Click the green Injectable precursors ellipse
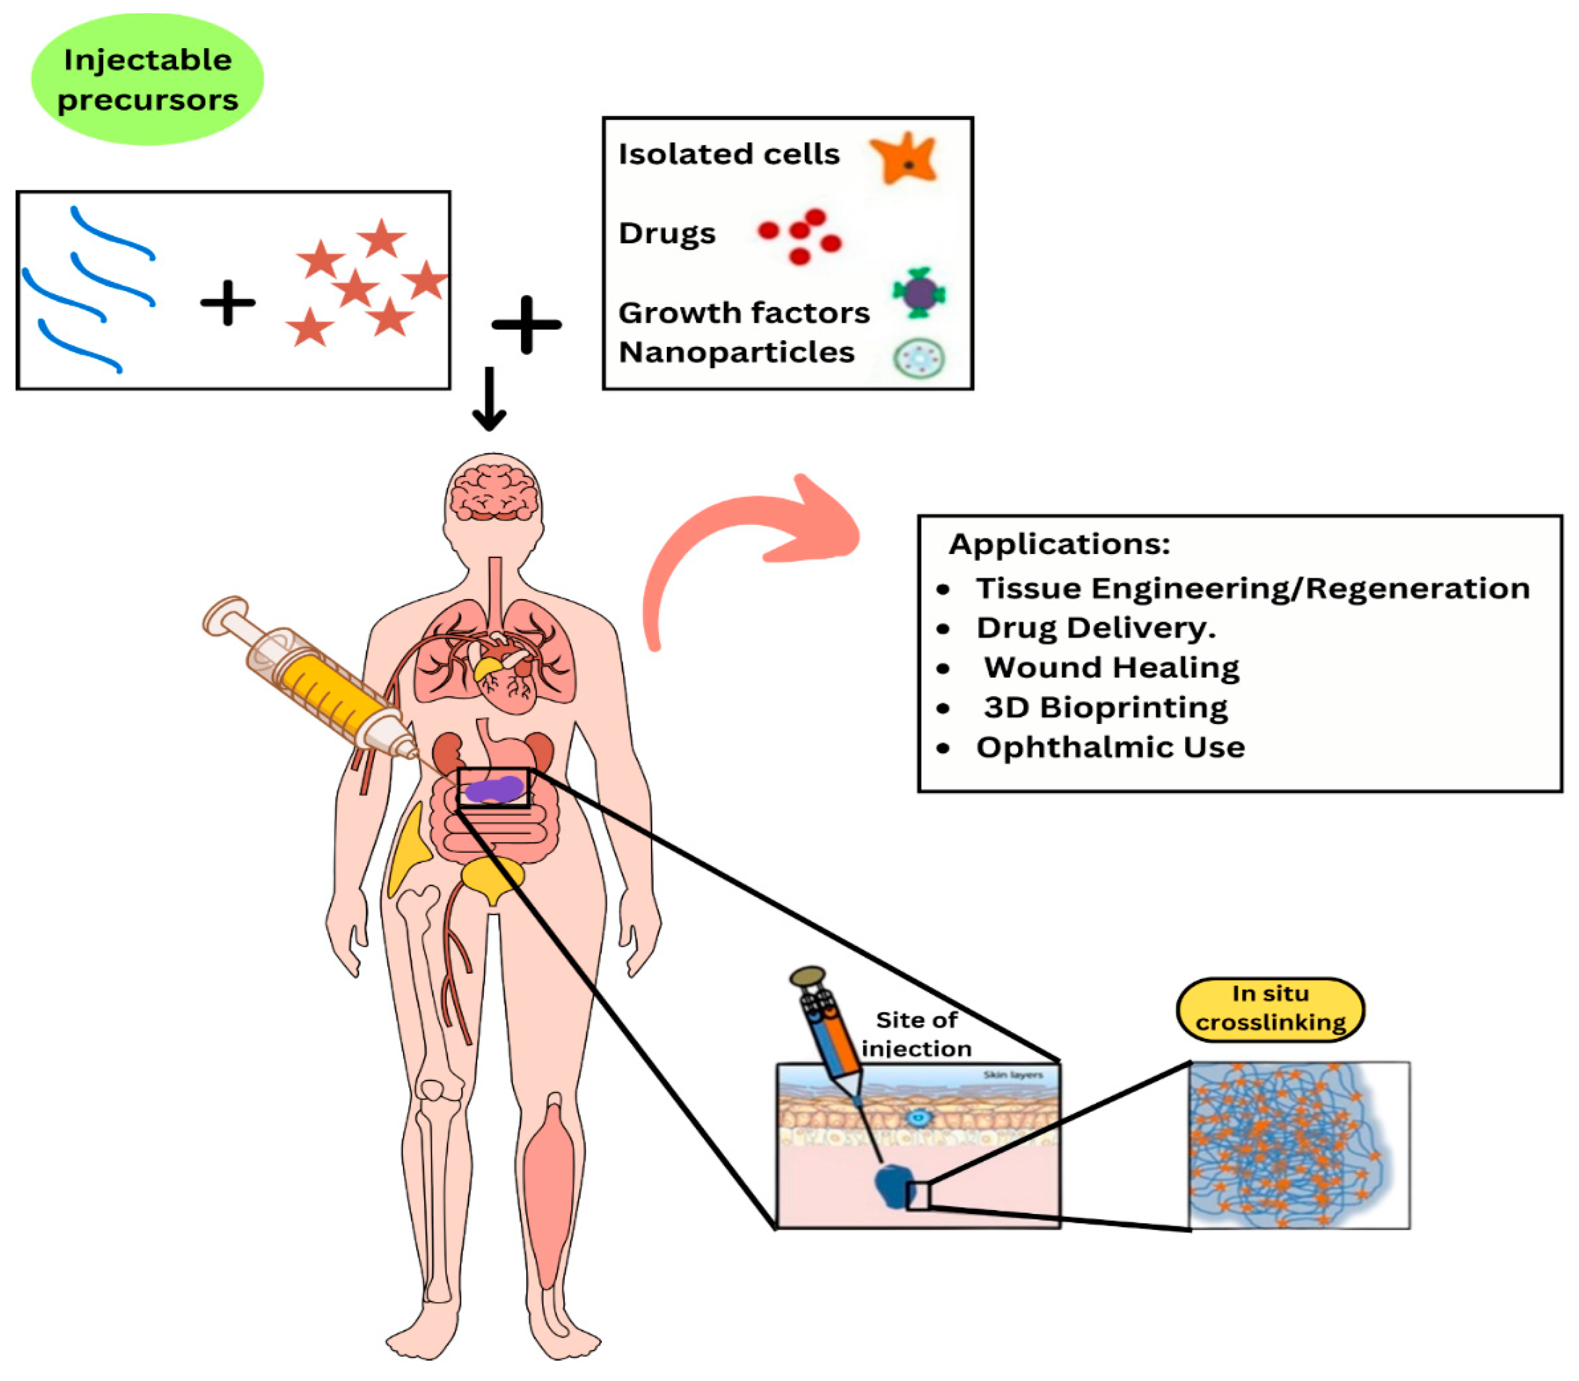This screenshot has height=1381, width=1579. (147, 79)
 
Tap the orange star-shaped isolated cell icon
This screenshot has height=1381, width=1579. (905, 159)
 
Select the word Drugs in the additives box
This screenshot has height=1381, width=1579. (666, 234)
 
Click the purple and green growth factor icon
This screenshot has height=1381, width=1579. (918, 293)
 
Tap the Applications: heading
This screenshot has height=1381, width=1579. (1059, 544)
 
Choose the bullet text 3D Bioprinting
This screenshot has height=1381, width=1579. (1105, 707)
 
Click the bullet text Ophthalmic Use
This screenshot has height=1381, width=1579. (1110, 748)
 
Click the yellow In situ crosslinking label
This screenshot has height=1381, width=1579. (1269, 1008)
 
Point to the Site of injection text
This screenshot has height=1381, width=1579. (916, 1033)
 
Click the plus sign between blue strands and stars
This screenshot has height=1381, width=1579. (227, 303)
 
